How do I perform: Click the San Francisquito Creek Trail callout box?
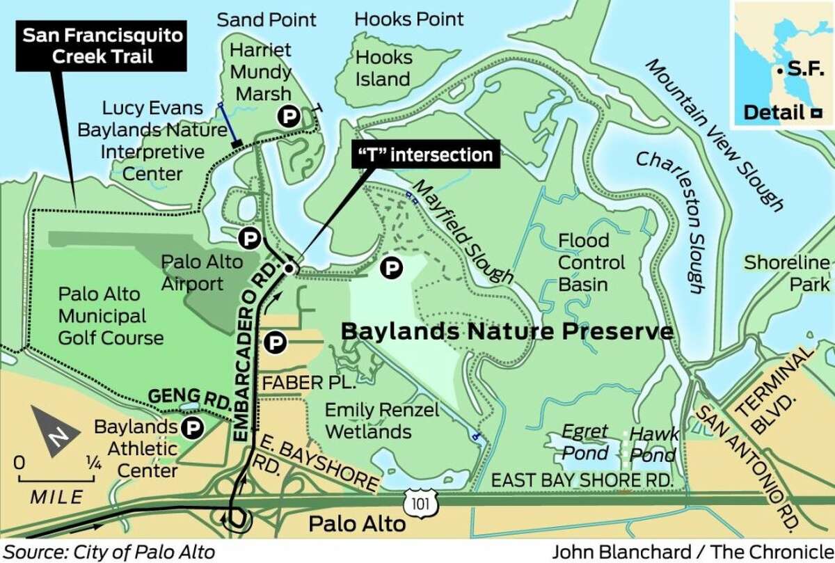[x=88, y=45]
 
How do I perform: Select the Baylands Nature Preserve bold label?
[x=507, y=331]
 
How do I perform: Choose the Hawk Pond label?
[x=653, y=445]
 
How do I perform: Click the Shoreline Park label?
[x=787, y=273]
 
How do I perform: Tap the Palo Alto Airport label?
[x=202, y=272]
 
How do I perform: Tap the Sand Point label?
[x=267, y=19]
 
